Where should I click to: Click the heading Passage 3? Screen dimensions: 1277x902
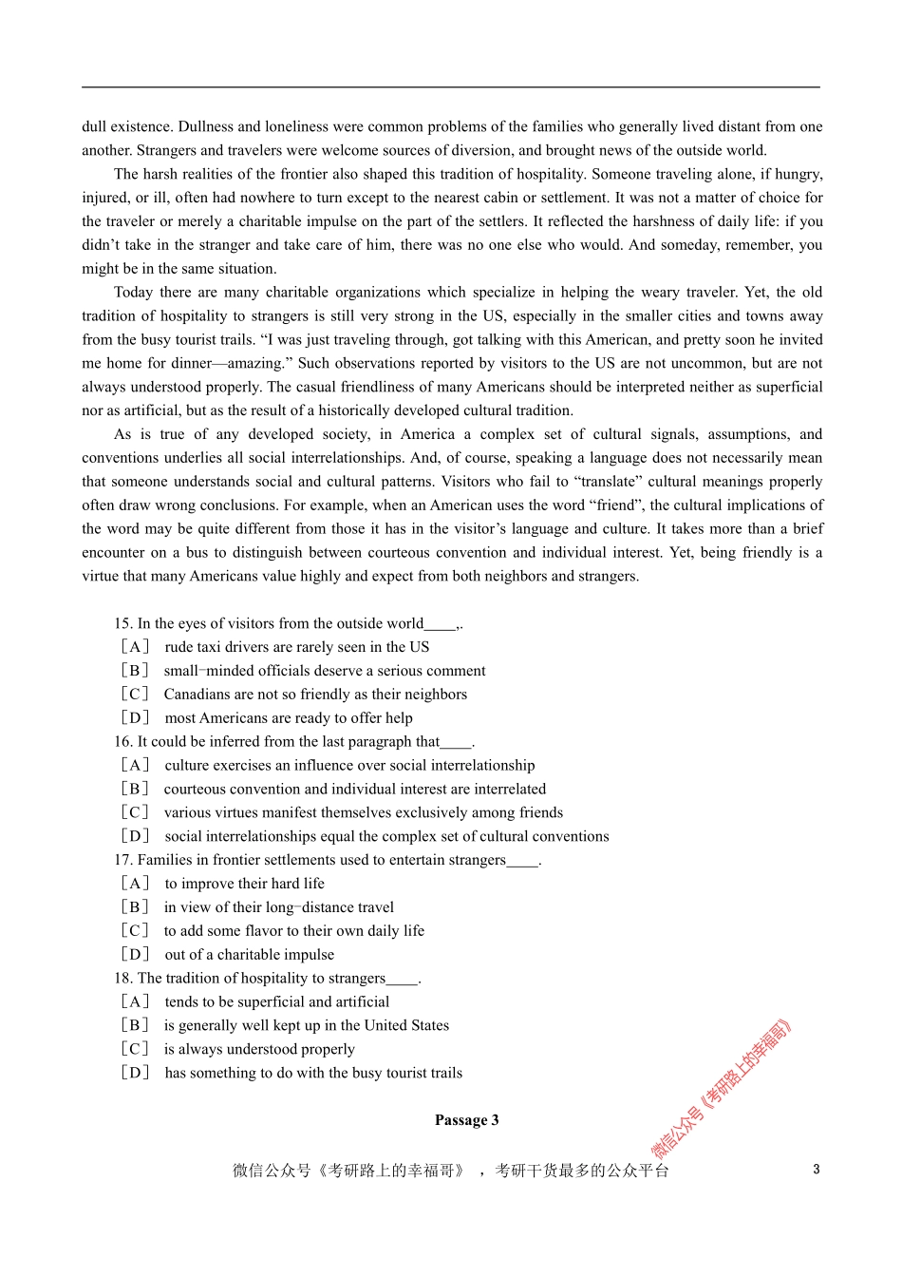[466, 1120]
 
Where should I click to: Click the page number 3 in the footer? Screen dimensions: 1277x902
[816, 1170]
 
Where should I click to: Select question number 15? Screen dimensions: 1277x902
[122, 623]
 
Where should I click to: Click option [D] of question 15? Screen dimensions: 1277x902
[135, 718]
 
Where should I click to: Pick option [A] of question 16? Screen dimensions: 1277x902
[135, 766]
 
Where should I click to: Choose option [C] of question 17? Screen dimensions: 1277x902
[135, 931]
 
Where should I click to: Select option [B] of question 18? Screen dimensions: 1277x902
[135, 1025]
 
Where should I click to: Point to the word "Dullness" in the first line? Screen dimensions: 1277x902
[206, 126]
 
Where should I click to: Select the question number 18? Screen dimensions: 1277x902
[122, 979]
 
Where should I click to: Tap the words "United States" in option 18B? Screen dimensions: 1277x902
[406, 1025]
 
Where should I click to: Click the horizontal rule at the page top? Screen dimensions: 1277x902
[451, 87]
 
